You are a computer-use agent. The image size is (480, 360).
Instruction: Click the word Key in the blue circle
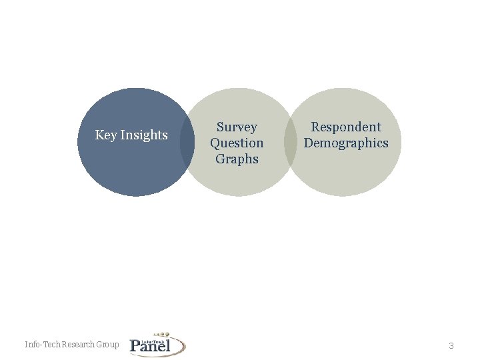tap(106, 135)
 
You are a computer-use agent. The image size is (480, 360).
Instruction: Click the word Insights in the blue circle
tap(144, 135)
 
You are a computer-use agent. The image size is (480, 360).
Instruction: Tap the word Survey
tap(237, 127)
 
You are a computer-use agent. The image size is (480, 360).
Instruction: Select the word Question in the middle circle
tap(237, 143)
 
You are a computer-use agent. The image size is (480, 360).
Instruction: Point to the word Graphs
tap(237, 159)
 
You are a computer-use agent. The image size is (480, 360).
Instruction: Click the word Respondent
tap(346, 127)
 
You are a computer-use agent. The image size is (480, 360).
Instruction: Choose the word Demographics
tap(346, 143)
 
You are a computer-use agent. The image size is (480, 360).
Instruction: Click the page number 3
tap(451, 345)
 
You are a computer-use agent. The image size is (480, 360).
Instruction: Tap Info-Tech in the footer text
tap(42, 345)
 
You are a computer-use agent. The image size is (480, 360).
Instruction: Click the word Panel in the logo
tap(151, 345)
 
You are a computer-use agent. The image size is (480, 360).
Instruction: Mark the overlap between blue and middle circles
tap(187, 142)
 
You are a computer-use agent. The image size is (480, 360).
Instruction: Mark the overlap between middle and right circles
tap(291, 142)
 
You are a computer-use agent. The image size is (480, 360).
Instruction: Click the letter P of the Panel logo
tap(136, 345)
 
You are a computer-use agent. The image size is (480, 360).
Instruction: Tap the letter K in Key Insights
tap(99, 135)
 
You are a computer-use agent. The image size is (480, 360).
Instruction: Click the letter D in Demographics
tap(309, 143)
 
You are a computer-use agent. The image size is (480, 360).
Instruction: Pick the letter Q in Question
tap(215, 143)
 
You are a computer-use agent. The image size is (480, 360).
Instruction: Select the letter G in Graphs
tap(219, 159)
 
